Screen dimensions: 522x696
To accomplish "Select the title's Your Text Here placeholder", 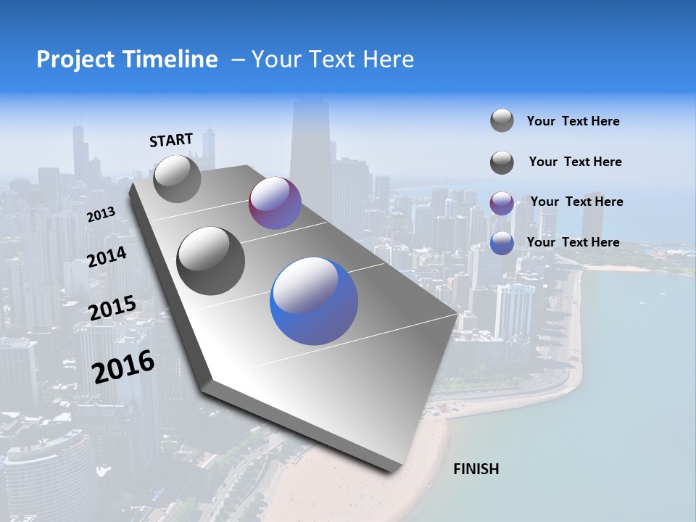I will tap(333, 59).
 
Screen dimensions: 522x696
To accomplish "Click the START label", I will tap(171, 140).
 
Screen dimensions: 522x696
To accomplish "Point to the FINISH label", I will tap(476, 469).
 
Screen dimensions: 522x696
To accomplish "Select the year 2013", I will tap(101, 215).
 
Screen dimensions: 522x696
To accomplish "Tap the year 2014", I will tap(107, 257).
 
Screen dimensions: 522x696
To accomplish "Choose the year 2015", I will tap(112, 308).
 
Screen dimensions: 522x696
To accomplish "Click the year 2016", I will tap(123, 366).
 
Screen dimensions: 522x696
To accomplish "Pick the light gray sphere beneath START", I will tap(177, 178).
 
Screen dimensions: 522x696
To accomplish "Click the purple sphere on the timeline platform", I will tap(275, 203).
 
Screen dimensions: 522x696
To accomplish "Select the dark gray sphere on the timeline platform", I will tap(211, 260).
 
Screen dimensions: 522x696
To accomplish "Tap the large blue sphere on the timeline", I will tap(314, 300).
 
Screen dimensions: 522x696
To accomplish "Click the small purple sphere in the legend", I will tap(502, 203).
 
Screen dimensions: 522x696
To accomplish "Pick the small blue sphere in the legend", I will tap(502, 243).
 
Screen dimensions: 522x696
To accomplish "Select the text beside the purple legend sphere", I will tap(576, 202).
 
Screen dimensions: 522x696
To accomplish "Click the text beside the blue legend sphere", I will tap(573, 242).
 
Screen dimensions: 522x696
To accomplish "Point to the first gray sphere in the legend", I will tap(502, 120).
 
